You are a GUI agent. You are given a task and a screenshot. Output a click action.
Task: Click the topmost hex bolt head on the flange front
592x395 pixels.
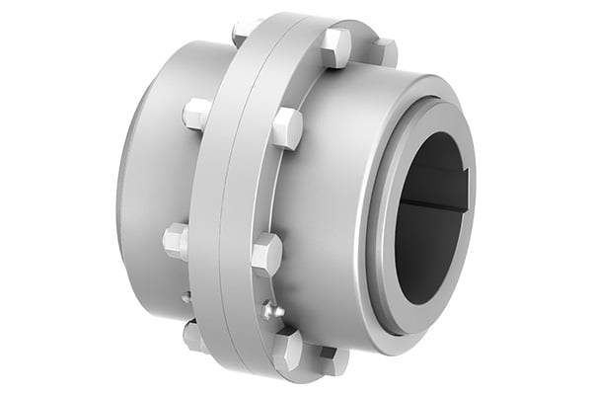[x=335, y=47]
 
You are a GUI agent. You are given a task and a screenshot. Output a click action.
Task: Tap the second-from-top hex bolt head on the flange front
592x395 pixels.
[x=287, y=127]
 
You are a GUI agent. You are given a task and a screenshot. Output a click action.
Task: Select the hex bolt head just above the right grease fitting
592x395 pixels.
[x=266, y=254]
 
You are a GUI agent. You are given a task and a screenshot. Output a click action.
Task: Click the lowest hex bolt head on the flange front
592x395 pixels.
[x=288, y=348]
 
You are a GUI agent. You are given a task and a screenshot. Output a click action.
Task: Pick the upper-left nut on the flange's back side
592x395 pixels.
[x=196, y=113]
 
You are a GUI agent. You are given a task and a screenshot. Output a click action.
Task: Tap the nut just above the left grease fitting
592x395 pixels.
[x=176, y=240]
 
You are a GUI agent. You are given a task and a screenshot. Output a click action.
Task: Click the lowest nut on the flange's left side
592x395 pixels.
[x=193, y=335]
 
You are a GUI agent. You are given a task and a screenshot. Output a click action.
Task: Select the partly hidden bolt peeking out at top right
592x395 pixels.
[x=385, y=51]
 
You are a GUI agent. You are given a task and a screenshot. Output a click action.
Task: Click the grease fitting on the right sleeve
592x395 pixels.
[x=273, y=311]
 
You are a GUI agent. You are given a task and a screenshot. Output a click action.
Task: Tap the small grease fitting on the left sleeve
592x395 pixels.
[x=185, y=296]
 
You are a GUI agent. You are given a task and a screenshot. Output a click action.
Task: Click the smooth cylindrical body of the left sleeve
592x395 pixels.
[x=148, y=188]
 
